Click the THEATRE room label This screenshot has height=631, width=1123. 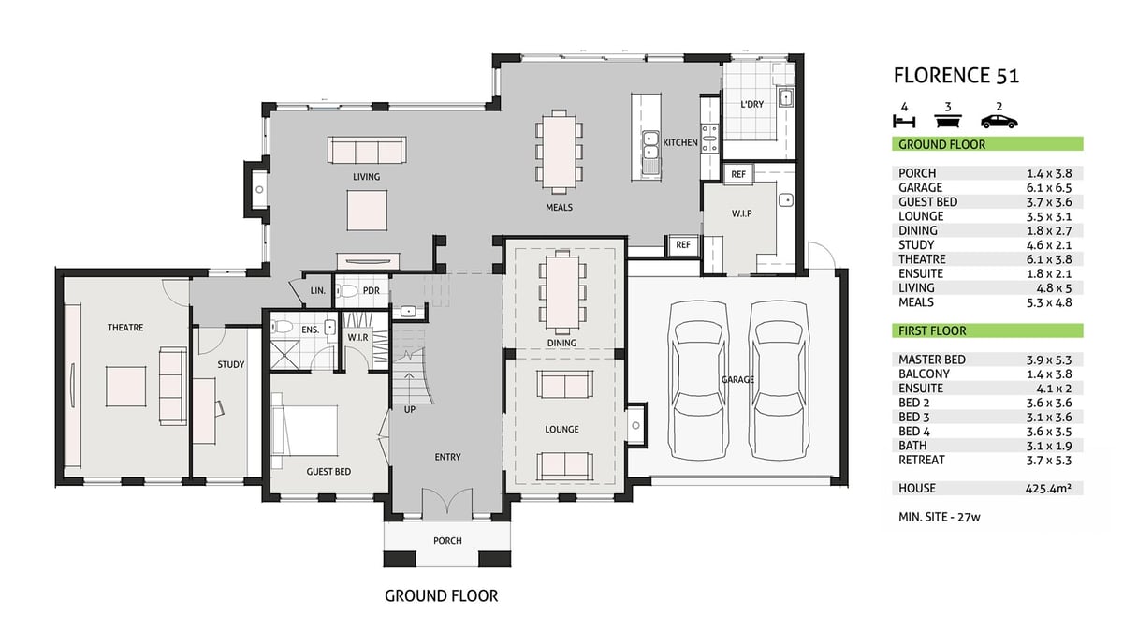click(x=125, y=328)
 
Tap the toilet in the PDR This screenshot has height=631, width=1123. click(x=347, y=290)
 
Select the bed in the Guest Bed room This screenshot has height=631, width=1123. click(x=304, y=431)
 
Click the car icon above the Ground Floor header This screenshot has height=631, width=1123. click(x=999, y=122)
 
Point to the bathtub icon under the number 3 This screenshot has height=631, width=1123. click(x=947, y=122)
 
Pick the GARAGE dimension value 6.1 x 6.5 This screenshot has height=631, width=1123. click(x=1049, y=188)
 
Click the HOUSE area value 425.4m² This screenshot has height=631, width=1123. click(x=1048, y=488)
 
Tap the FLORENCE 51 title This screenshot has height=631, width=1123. click(x=956, y=76)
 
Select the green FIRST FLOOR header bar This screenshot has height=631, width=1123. click(x=987, y=330)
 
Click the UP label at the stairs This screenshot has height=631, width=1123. click(x=410, y=410)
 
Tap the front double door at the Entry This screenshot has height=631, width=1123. click(x=446, y=502)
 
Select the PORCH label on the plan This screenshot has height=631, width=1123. click(x=447, y=541)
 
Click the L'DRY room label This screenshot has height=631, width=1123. click(x=752, y=104)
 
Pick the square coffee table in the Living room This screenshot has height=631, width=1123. click(x=367, y=210)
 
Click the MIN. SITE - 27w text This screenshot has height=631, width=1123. click(x=939, y=517)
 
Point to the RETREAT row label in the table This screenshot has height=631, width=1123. click(x=922, y=460)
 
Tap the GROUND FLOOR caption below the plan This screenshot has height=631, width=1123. click(x=442, y=595)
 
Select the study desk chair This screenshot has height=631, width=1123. click(x=219, y=407)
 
